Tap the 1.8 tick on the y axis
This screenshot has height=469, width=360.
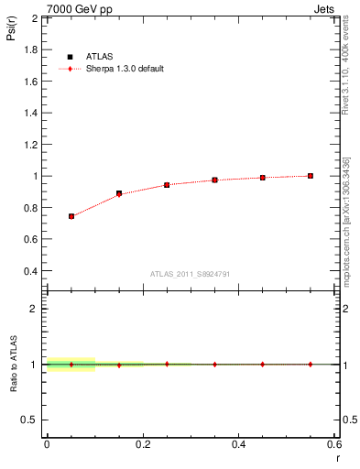tap(32, 49)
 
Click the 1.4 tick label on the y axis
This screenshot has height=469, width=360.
tap(32, 113)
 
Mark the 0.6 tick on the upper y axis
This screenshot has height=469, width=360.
tap(32, 239)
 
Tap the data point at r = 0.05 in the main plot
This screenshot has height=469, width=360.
tap(71, 216)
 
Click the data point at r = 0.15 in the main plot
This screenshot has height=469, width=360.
tap(119, 193)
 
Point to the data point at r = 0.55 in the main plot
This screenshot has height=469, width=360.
tap(311, 176)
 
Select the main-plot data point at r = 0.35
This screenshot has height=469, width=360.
tap(214, 180)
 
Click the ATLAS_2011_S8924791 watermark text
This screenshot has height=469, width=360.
tap(190, 274)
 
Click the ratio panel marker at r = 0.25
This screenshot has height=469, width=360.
tap(167, 364)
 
